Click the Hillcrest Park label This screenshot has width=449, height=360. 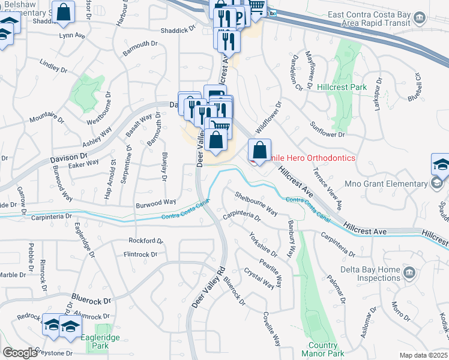(342, 87)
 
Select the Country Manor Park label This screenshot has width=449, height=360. (327, 349)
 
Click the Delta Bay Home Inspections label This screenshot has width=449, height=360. (370, 274)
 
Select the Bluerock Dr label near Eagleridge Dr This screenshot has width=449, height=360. (92, 298)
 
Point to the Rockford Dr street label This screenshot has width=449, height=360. (146, 241)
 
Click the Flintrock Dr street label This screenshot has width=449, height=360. (140, 254)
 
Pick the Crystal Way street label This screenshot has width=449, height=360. (259, 278)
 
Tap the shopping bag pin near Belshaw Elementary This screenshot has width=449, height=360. (63, 11)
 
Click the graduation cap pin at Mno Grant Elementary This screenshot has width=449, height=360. (440, 164)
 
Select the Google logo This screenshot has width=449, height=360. (20, 353)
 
